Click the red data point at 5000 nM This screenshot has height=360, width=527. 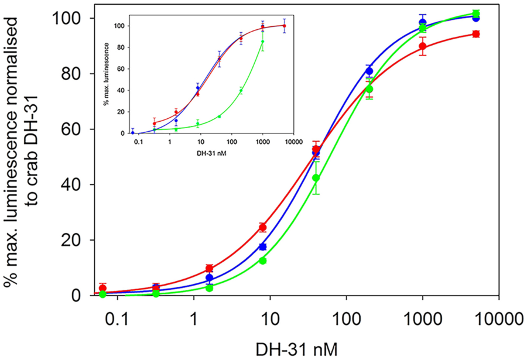tap(476, 34)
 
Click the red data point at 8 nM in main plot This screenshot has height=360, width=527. tap(263, 227)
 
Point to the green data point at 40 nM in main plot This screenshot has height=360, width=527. tap(316, 177)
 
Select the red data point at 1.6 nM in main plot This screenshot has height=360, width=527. tap(210, 268)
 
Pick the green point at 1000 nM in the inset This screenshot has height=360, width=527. tap(262, 42)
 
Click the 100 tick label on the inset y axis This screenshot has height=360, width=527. tap(121, 26)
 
